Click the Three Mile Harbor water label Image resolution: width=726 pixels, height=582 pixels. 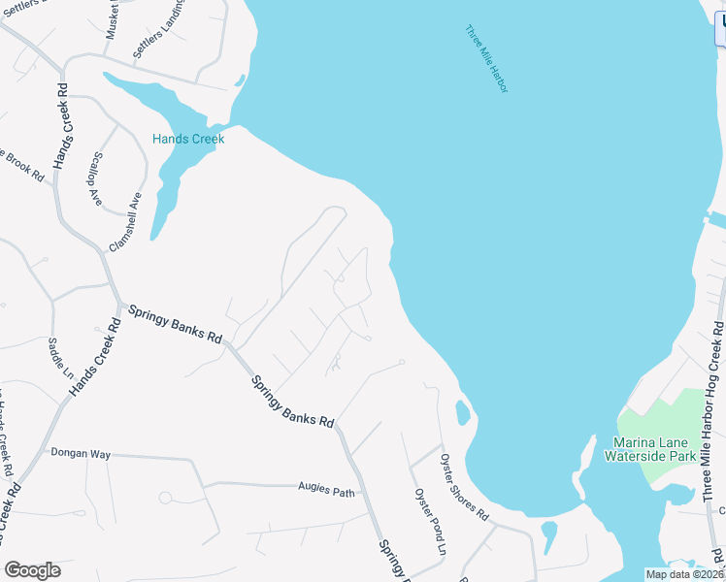[486, 59]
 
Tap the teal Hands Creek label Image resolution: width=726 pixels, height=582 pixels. [188, 139]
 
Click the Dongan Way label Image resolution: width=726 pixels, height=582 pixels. [82, 453]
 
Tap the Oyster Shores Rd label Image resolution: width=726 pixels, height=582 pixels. [464, 487]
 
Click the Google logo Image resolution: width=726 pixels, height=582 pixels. [32, 570]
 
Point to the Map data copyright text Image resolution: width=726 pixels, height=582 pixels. [685, 574]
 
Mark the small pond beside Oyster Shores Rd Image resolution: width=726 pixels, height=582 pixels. [462, 414]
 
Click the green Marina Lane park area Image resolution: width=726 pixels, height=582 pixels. [670, 417]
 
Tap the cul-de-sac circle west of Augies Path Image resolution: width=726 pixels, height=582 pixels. [165, 498]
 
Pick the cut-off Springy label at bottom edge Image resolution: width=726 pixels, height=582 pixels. [393, 560]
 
